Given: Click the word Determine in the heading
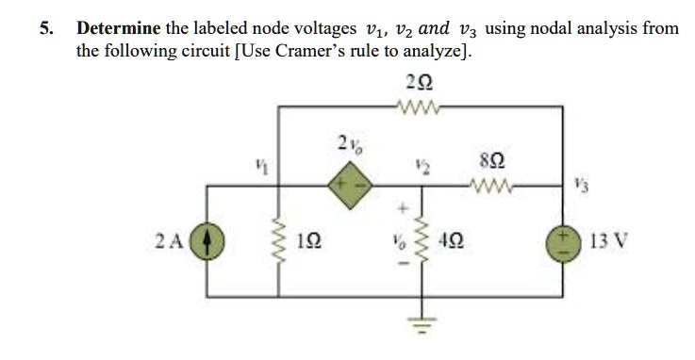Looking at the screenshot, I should coord(119,28).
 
